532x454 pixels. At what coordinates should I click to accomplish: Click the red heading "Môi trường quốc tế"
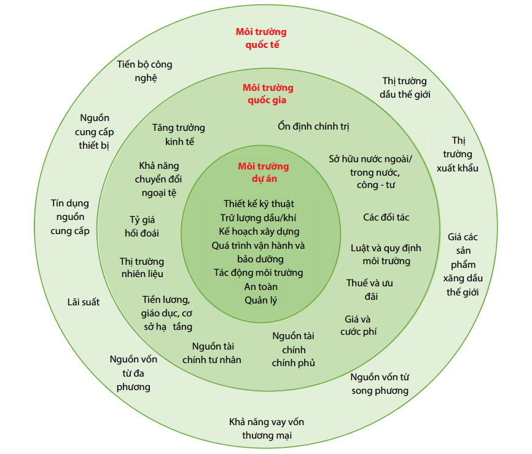point(261,38)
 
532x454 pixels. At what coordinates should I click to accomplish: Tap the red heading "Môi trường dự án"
point(263,173)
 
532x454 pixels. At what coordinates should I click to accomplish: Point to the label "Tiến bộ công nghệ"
point(145,71)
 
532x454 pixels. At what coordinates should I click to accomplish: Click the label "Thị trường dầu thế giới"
point(405,87)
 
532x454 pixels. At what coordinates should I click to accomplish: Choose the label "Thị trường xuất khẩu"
point(458,154)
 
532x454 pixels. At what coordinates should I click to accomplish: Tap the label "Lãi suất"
point(84,302)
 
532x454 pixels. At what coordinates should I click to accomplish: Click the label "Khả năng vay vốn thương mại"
point(267,429)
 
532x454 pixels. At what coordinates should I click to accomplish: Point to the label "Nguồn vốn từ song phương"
point(380,383)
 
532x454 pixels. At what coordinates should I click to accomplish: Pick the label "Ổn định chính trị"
point(313,127)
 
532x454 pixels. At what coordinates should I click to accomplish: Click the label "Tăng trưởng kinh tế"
point(179,135)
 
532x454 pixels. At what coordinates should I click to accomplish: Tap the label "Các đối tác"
point(386,217)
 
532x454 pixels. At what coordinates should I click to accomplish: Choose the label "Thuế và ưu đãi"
point(370,289)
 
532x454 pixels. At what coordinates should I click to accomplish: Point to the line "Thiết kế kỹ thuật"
point(259,203)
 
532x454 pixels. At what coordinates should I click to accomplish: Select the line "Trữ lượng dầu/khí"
point(259,217)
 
